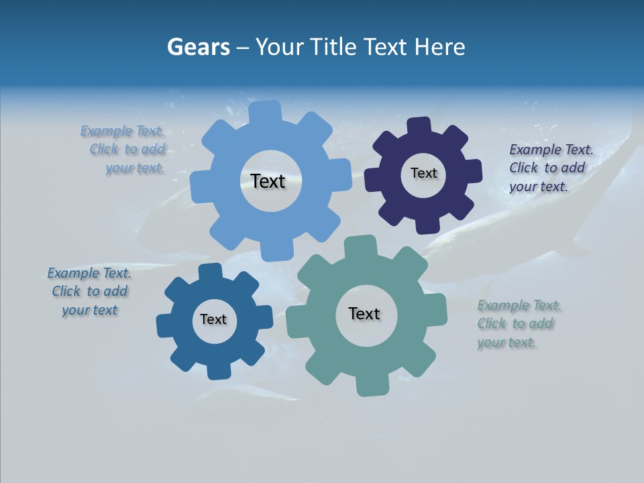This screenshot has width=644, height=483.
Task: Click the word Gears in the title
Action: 197,47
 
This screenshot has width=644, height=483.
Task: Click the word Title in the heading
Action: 335,47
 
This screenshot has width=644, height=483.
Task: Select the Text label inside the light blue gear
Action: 268,181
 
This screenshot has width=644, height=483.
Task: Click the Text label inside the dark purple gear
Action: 423,173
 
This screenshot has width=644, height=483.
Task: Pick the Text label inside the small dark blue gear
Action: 213,319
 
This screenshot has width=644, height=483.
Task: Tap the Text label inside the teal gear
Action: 364,313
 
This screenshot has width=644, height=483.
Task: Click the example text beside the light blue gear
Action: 125,150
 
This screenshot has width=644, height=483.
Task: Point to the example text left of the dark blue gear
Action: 90,291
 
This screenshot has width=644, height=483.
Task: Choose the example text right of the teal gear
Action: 518,323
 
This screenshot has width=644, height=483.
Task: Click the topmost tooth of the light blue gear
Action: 265,111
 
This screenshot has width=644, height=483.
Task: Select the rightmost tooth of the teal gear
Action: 437,309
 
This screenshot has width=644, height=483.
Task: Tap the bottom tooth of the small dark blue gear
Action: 218,371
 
